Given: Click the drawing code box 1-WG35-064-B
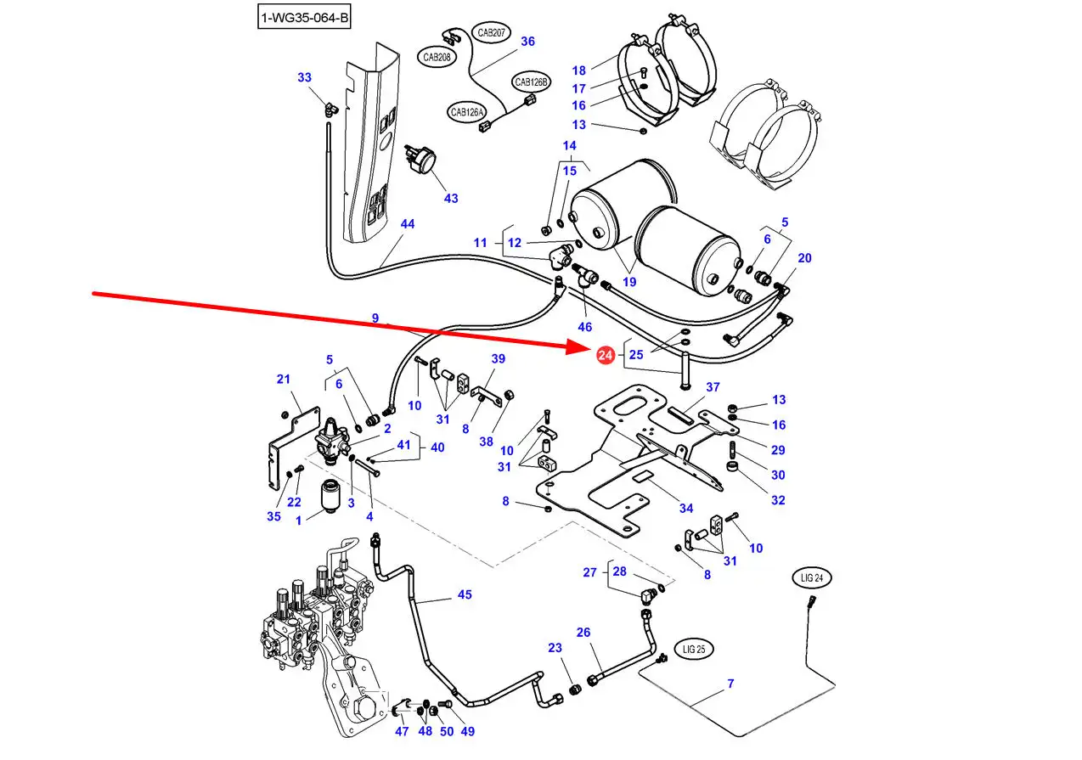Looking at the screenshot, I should tap(303, 17).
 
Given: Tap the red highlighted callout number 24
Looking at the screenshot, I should tap(605, 356).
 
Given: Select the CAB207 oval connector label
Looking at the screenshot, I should tap(491, 33).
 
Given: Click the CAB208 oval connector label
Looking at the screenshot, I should tap(437, 57).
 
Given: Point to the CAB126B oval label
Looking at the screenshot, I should tap(532, 82).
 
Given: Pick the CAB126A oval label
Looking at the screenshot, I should tap(467, 111).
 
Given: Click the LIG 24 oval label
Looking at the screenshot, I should tap(813, 578).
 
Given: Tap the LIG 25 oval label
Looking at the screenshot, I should tap(694, 650).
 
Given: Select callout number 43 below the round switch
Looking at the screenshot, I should tap(451, 198).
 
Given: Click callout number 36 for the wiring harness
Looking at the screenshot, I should tap(527, 41).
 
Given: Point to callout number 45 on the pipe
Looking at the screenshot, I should tap(465, 594).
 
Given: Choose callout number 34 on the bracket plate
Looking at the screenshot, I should tap(686, 508).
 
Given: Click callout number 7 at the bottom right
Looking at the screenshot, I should tap(730, 684).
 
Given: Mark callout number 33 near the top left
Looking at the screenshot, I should tap(305, 77).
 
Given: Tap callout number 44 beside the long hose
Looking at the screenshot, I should tap(408, 224).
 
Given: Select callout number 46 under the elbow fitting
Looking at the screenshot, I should tap(585, 326).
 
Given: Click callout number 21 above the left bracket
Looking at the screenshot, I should tap(284, 379).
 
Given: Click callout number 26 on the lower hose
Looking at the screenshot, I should tap(583, 632).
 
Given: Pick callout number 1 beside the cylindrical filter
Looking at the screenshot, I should tap(299, 520).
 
